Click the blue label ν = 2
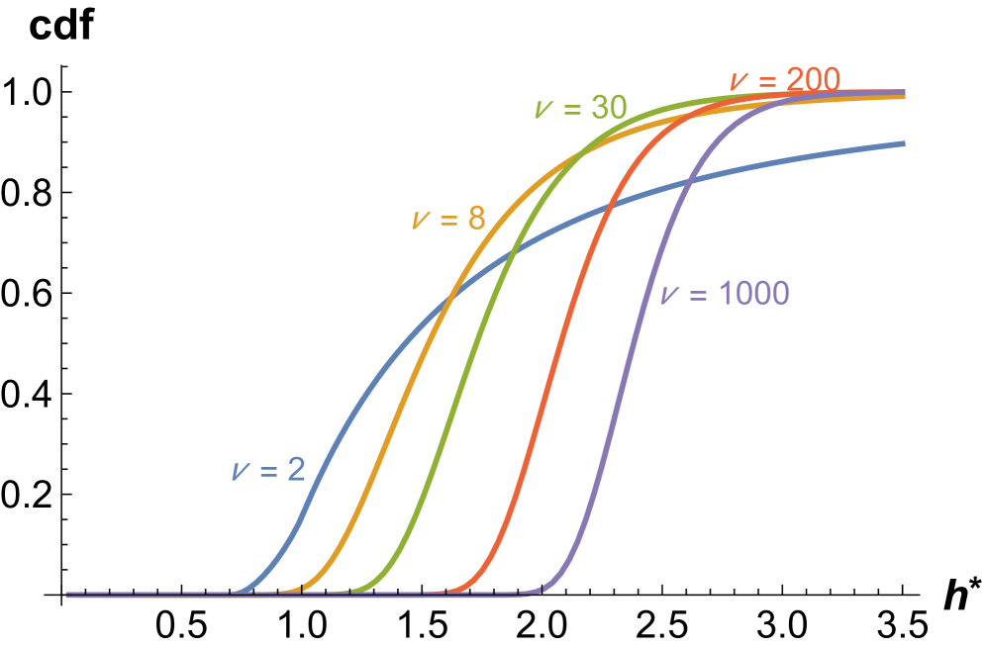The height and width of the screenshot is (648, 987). [268, 471]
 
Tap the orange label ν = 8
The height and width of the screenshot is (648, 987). [448, 219]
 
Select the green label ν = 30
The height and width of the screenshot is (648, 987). [580, 108]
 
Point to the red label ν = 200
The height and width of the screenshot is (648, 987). [784, 79]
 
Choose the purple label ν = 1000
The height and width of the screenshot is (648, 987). [725, 294]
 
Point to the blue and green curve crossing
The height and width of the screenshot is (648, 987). [513, 254]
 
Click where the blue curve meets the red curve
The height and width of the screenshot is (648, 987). [608, 205]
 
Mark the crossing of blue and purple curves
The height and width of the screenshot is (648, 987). [688, 181]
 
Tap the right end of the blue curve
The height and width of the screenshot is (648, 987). [903, 143]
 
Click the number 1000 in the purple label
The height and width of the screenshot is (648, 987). [752, 294]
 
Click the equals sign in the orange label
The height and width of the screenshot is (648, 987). [447, 220]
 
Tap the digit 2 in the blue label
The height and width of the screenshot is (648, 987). [296, 471]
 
